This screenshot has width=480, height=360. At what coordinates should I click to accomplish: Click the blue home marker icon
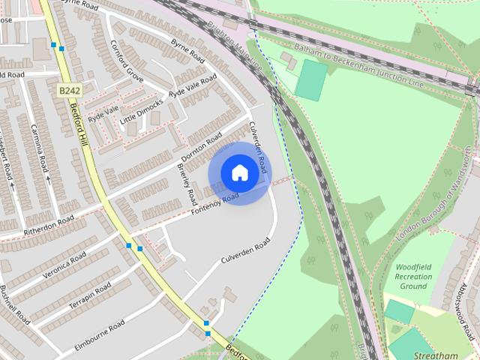(x=239, y=172)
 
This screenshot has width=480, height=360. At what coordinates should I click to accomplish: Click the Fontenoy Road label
(x=214, y=205)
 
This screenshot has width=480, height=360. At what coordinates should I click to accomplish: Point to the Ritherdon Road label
(x=49, y=226)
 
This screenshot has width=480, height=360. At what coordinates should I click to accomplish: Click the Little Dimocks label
(x=142, y=109)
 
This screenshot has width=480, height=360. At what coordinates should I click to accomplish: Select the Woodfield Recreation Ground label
(x=413, y=276)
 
